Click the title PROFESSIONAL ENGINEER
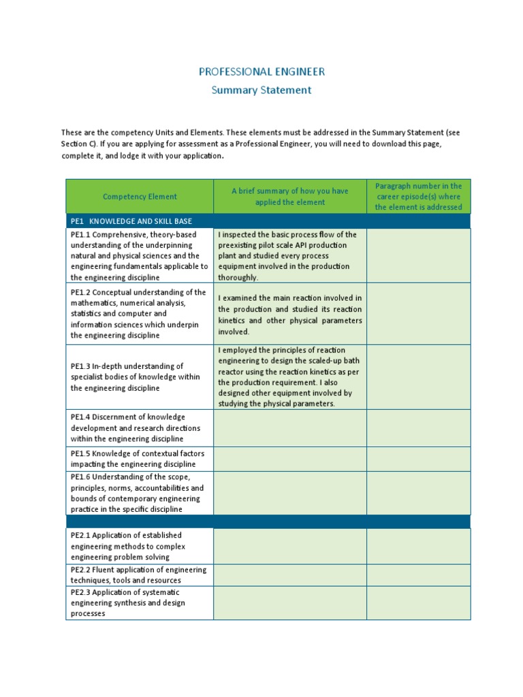pyautogui.click(x=261, y=71)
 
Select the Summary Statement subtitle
pyautogui.click(x=261, y=90)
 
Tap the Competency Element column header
pyautogui.click(x=140, y=197)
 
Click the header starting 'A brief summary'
pyautogui.click(x=289, y=197)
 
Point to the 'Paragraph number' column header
pyautogui.click(x=418, y=196)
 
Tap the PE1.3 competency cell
pyautogui.click(x=139, y=377)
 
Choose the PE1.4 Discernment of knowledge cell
pyautogui.click(x=139, y=428)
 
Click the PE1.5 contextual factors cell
pyautogui.click(x=139, y=459)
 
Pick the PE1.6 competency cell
pyautogui.click(x=139, y=493)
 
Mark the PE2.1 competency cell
pyautogui.click(x=139, y=546)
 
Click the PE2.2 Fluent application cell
pyautogui.click(x=139, y=575)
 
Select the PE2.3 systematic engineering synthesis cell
pyautogui.click(x=139, y=603)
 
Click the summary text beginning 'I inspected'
pyautogui.click(x=289, y=256)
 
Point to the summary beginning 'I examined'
pyautogui.click(x=289, y=314)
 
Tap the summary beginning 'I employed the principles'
pyautogui.click(x=289, y=377)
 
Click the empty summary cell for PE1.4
pyautogui.click(x=289, y=428)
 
